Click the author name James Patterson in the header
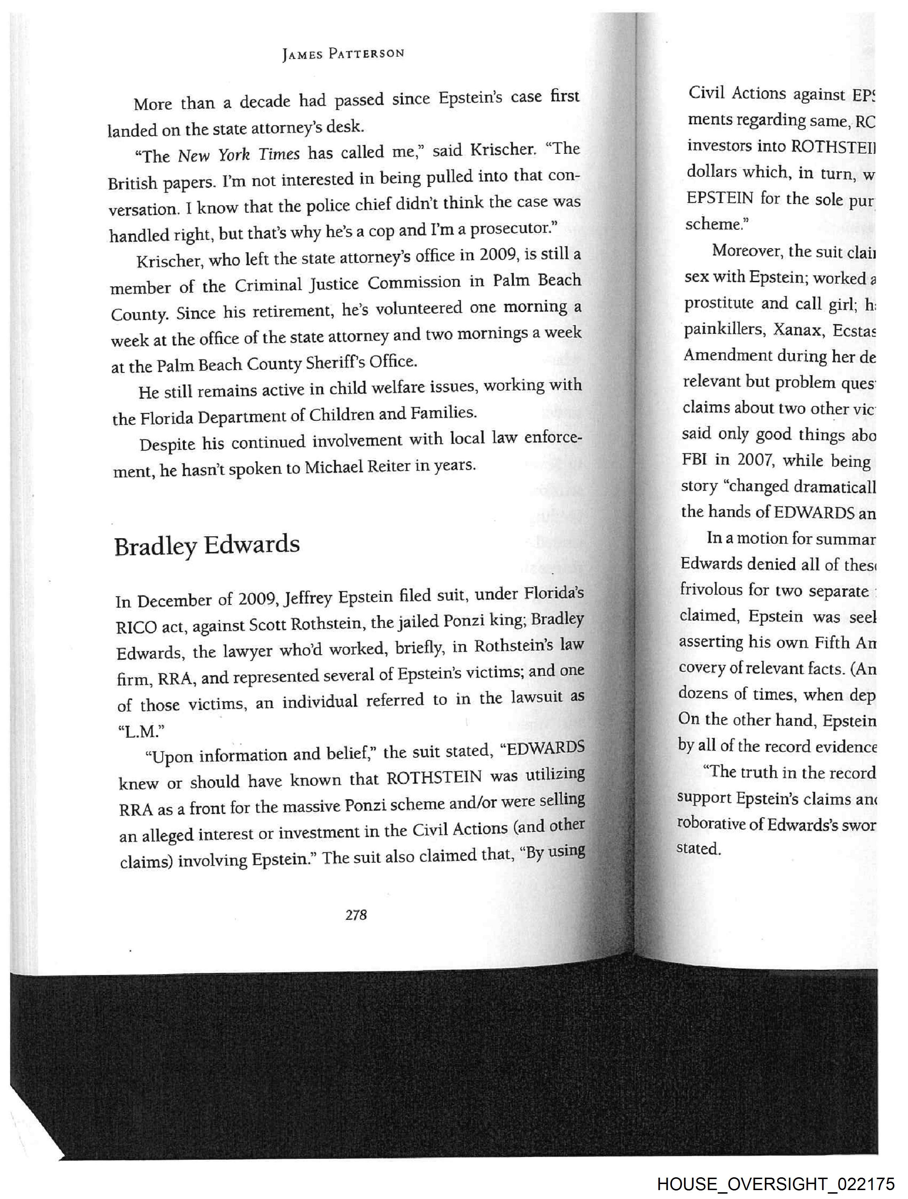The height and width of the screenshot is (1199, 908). point(343,54)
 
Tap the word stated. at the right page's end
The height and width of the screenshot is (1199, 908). point(698,848)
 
